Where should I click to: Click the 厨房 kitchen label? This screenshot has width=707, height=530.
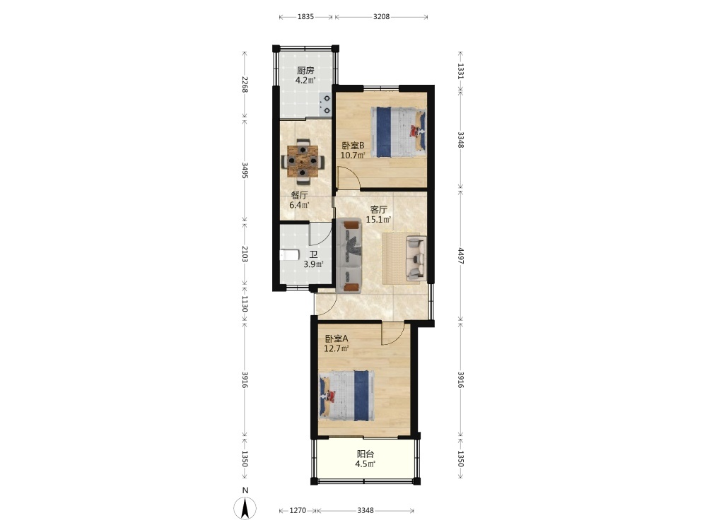coord(305,70)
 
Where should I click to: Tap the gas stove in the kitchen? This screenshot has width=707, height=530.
coord(325,104)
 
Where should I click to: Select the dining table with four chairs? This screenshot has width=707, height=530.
coord(303,161)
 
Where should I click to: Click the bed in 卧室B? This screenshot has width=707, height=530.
coord(398,131)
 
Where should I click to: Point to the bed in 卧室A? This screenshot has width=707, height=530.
coord(346,396)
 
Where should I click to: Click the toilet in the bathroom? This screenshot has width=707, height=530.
coord(289,255)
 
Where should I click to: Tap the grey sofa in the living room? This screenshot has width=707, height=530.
coord(350,256)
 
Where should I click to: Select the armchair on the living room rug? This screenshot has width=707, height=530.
coord(415,257)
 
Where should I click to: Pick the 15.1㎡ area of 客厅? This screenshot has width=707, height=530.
coord(378,220)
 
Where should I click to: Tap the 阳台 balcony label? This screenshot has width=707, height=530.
coord(366,454)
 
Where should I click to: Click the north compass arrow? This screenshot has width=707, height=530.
coord(245,508)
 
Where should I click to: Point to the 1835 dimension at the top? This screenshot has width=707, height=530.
coord(305,17)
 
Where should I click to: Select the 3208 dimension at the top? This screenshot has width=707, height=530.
coord(381,17)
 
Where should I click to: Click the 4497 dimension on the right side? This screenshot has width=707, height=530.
coord(460,256)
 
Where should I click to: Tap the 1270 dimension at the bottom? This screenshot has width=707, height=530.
coord(297,511)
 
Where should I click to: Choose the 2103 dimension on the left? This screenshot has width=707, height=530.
coord(245,254)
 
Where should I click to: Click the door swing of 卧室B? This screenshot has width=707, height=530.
coord(349,177)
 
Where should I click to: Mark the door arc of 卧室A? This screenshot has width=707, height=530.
coord(392,334)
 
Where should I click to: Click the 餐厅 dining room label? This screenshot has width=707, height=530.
coord(299,195)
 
